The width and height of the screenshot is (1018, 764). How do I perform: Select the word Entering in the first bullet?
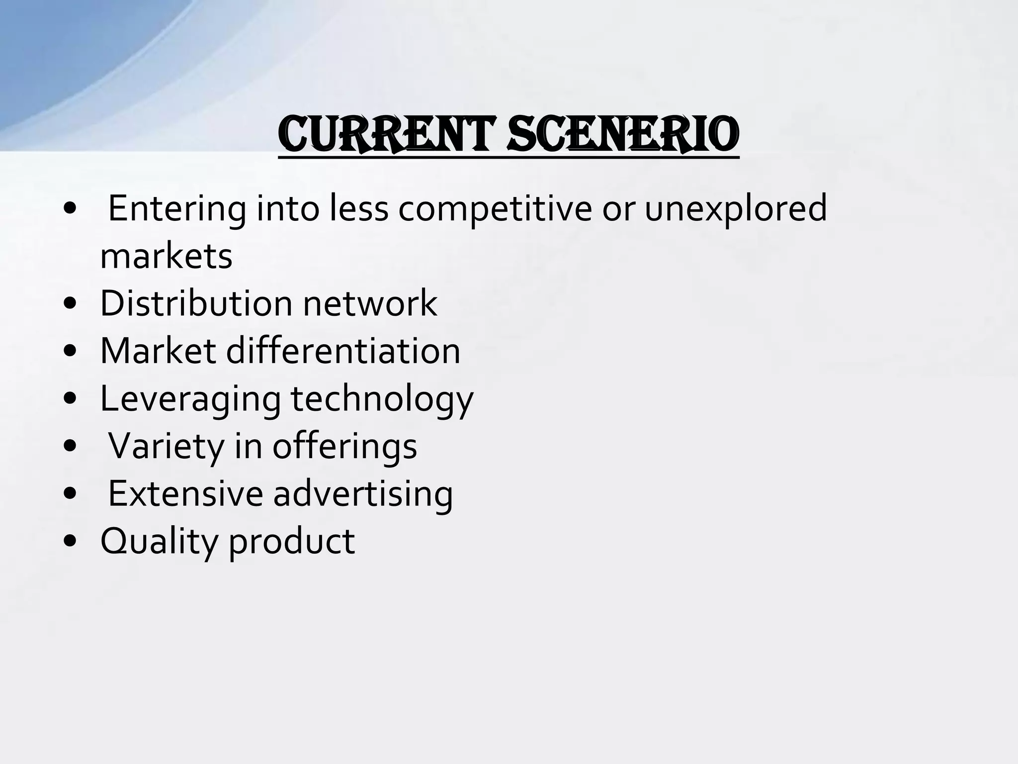[176, 209]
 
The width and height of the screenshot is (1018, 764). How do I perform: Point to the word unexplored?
[736, 209]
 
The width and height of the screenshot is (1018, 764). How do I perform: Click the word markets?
[167, 257]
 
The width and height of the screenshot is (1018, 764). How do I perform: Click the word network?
[370, 303]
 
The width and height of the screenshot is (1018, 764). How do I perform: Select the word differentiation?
[343, 351]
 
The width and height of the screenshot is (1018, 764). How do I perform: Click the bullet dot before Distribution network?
[71, 305]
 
